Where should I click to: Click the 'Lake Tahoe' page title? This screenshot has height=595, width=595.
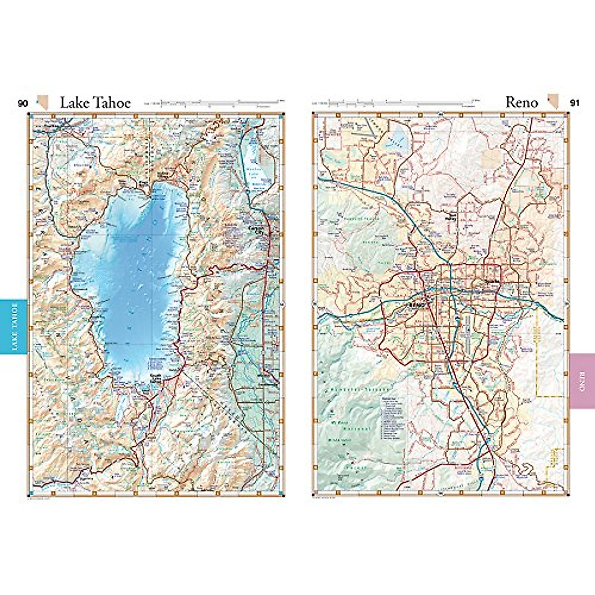95,102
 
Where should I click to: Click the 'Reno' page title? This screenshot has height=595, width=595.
522,102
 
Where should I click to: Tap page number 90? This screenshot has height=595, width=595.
23,104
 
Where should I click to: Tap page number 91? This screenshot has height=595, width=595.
575,103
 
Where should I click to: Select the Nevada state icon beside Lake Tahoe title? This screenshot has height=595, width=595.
44,103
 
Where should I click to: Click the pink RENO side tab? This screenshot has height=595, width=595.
582,381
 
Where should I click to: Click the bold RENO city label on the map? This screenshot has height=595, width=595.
415,304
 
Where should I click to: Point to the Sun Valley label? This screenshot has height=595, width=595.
451,216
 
